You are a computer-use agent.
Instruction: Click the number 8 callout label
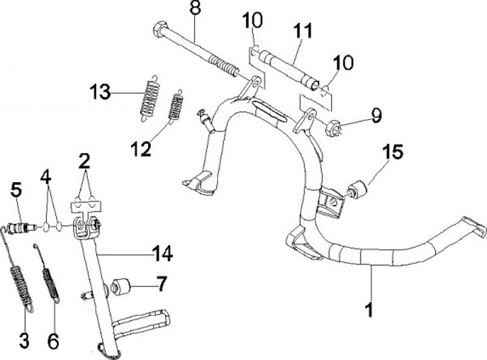195,9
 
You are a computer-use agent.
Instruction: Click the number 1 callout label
369,311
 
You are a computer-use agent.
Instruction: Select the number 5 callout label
17,192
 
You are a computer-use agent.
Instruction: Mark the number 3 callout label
24,338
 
